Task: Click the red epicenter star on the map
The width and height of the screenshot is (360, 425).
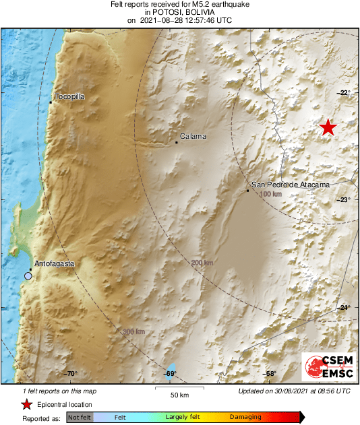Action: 328,127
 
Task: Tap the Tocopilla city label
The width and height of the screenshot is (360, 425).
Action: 69,97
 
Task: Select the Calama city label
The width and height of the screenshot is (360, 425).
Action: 193,137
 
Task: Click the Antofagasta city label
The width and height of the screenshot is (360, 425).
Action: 54,263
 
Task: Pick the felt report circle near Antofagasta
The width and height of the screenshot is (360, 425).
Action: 28,275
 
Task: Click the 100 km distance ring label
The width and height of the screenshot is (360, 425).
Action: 270,194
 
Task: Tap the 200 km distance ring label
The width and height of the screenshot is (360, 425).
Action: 202,263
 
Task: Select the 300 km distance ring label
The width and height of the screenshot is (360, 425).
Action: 133,331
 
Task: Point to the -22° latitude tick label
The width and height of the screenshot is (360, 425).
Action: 344,92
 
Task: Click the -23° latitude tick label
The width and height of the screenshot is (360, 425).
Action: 344,200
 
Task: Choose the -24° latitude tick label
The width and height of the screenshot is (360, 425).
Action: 344,308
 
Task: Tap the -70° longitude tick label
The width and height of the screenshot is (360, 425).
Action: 71,374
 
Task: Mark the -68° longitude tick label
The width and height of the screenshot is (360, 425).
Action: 270,374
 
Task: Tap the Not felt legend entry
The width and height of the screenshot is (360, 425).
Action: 80,418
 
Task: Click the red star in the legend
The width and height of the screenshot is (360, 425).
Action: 26,404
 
